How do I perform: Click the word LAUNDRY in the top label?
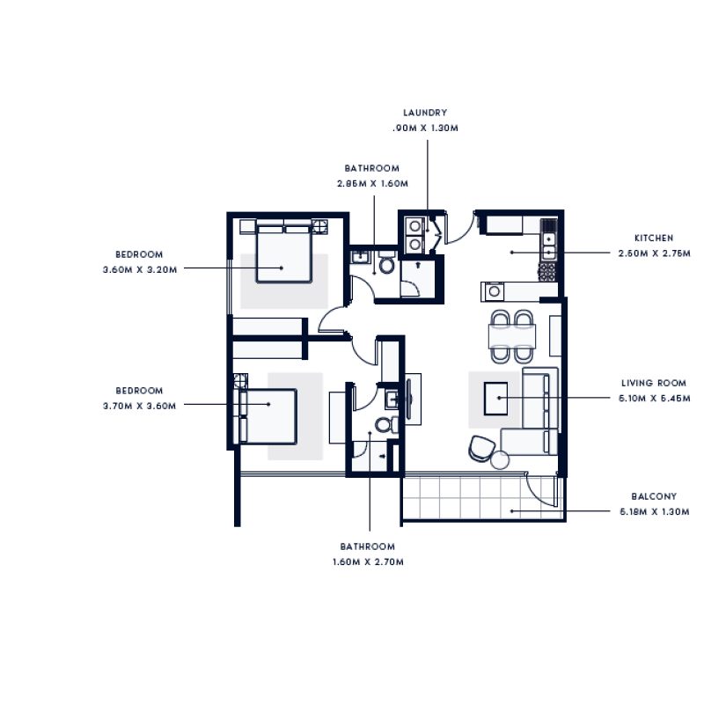click(x=425, y=113)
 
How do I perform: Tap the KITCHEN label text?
click(x=654, y=238)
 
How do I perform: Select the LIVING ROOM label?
click(x=653, y=383)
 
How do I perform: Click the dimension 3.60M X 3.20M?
click(x=140, y=269)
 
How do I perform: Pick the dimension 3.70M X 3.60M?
click(x=140, y=406)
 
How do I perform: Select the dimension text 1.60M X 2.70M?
click(x=368, y=561)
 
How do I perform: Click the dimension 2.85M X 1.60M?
click(x=372, y=183)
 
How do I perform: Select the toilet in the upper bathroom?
click(x=385, y=265)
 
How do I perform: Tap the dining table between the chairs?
click(x=512, y=335)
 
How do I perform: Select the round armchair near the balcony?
click(x=481, y=448)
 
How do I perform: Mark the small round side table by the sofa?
click(x=501, y=459)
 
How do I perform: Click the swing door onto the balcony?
click(x=540, y=489)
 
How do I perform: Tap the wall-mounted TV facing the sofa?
click(x=414, y=397)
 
